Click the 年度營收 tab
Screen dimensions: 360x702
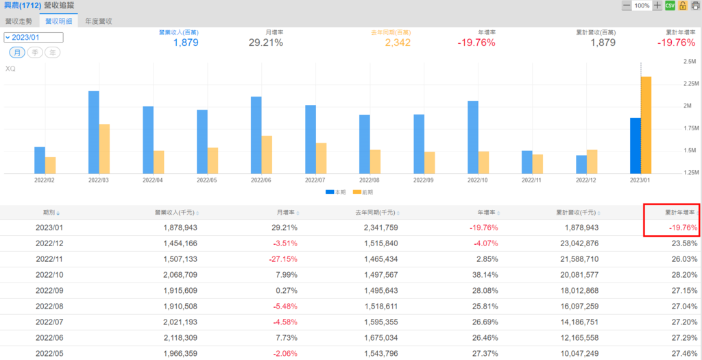tap(99, 21)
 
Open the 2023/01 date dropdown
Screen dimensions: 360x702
tap(34, 38)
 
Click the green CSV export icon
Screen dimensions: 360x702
tap(670, 5)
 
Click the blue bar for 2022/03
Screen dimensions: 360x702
tap(94, 132)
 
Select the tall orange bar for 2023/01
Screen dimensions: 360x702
tap(646, 125)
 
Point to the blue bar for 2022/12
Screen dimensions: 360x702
tap(581, 165)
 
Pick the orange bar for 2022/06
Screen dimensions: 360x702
tap(267, 154)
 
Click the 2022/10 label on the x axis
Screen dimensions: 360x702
tap(478, 180)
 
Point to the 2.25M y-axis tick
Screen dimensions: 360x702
tap(687, 84)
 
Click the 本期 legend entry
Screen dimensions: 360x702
tap(336, 193)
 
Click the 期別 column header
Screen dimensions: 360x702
tap(51, 213)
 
